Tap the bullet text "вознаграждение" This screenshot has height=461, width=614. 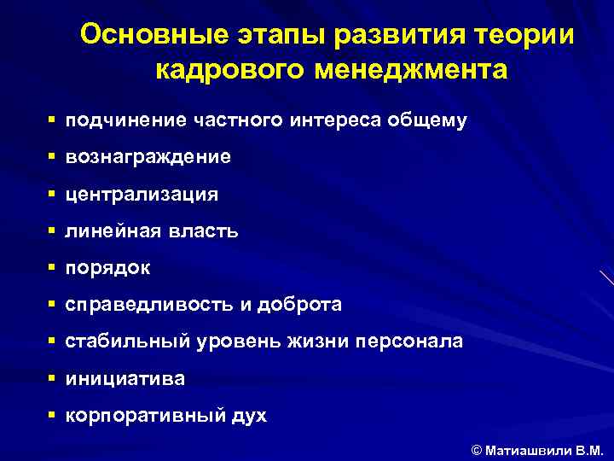click(148, 158)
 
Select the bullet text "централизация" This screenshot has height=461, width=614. click(142, 195)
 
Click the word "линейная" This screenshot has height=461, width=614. click(108, 231)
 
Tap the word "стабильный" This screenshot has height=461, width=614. click(131, 341)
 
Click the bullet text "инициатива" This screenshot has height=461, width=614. click(125, 378)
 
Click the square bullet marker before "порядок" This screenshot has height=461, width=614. click(53, 267)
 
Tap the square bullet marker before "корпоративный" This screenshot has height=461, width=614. click(53, 415)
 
